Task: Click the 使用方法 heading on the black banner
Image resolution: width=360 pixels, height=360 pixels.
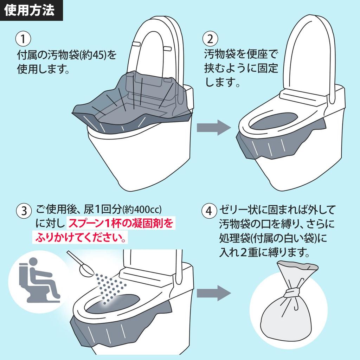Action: coord(30,10)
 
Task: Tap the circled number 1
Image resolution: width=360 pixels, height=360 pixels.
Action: coord(23,39)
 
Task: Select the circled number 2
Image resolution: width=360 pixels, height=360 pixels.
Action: coord(210,39)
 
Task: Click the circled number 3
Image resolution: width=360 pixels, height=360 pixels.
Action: coord(24,211)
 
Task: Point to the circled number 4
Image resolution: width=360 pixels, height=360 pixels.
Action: coord(209,211)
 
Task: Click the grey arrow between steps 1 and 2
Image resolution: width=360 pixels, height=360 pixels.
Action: coord(214,127)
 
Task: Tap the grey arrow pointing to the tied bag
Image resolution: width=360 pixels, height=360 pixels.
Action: coord(214,293)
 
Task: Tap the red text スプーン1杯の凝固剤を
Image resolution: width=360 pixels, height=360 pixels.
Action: coord(121,223)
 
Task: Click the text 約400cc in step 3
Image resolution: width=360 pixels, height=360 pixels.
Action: coord(142,210)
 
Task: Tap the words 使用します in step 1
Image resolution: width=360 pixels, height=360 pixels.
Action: coord(43,69)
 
